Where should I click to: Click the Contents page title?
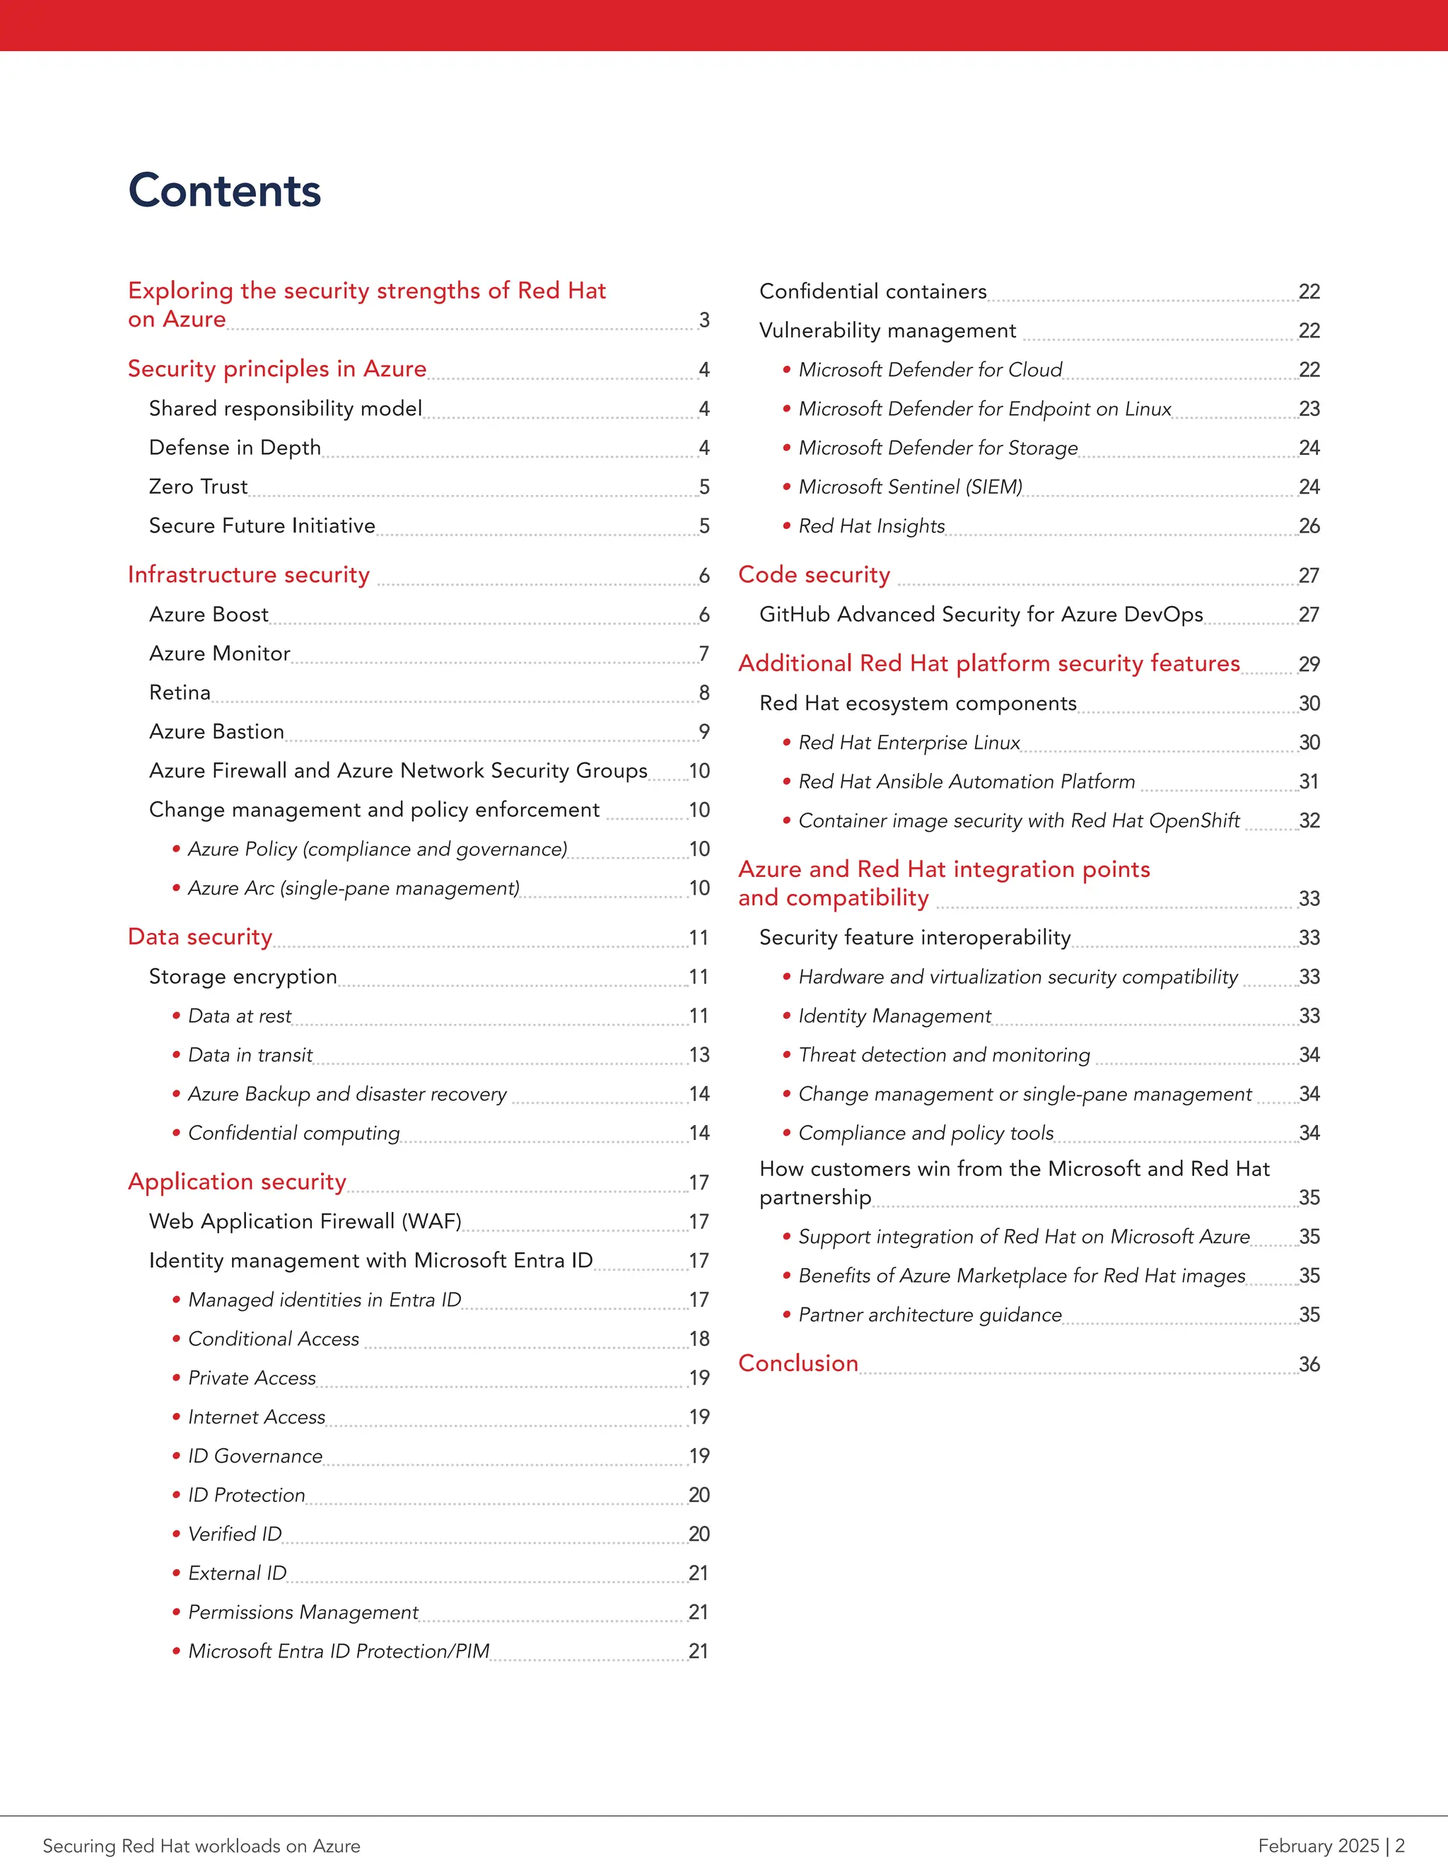225,190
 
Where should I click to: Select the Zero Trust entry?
198,487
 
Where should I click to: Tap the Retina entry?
180,692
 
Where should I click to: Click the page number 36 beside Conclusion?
1308,1364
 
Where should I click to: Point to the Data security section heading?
200,936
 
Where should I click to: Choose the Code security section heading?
814,574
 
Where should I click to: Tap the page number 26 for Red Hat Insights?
1308,526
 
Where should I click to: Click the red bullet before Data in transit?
176,1054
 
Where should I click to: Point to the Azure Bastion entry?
216,731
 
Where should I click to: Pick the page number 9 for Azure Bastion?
704,731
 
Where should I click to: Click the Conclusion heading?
798,1363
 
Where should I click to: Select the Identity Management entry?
894,1016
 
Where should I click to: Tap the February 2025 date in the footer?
1318,1846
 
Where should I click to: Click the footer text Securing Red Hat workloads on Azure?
202,1846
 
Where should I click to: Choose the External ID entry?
237,1573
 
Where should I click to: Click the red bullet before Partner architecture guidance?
787,1315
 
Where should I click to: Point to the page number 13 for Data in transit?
699,1054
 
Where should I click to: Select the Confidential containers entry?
872,292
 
